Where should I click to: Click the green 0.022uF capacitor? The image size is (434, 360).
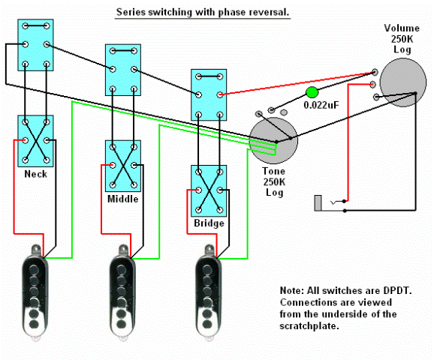coord(312,92)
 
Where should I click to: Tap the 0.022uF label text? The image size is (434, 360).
coord(321,105)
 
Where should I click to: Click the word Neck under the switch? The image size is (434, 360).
coord(36,174)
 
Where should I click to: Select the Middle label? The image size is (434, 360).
coord(123,199)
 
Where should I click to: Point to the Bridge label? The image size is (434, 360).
coord(209,223)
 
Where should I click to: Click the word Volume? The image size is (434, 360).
coord(402,28)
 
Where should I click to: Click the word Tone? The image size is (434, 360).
coord(274,171)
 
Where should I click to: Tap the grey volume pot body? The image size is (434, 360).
coord(403,82)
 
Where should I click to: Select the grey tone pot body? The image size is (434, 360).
coord(273,140)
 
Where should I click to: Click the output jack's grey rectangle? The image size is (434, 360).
coord(318,203)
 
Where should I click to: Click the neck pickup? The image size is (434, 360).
coord(35,292)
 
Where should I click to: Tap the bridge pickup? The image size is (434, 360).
coord(208,292)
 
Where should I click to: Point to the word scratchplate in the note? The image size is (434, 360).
coord(309,326)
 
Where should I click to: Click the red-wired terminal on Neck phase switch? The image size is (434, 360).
coord(26,140)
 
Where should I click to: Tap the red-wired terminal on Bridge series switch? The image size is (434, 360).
coord(220,94)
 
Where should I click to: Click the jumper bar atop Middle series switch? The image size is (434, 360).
coord(123,51)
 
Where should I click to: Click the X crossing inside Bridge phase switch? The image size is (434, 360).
coord(209,190)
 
